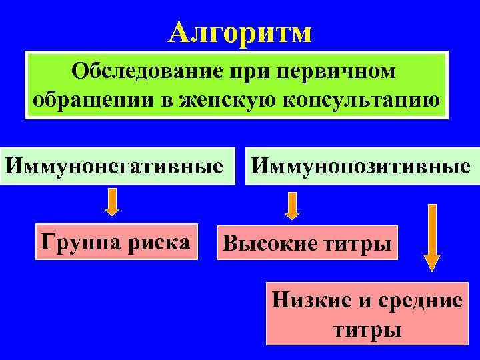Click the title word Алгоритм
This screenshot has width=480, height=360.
pyautogui.click(x=239, y=31)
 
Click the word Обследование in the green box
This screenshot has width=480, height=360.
pyautogui.click(x=141, y=71)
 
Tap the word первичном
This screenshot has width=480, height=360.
pyautogui.click(x=339, y=71)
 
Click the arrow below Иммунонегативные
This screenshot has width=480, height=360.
pyautogui.click(x=113, y=201)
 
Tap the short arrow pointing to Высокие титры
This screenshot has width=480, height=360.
pyautogui.click(x=292, y=206)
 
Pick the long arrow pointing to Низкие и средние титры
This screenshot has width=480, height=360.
pyautogui.click(x=432, y=237)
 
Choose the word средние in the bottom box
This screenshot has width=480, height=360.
pyautogui.click(x=421, y=301)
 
